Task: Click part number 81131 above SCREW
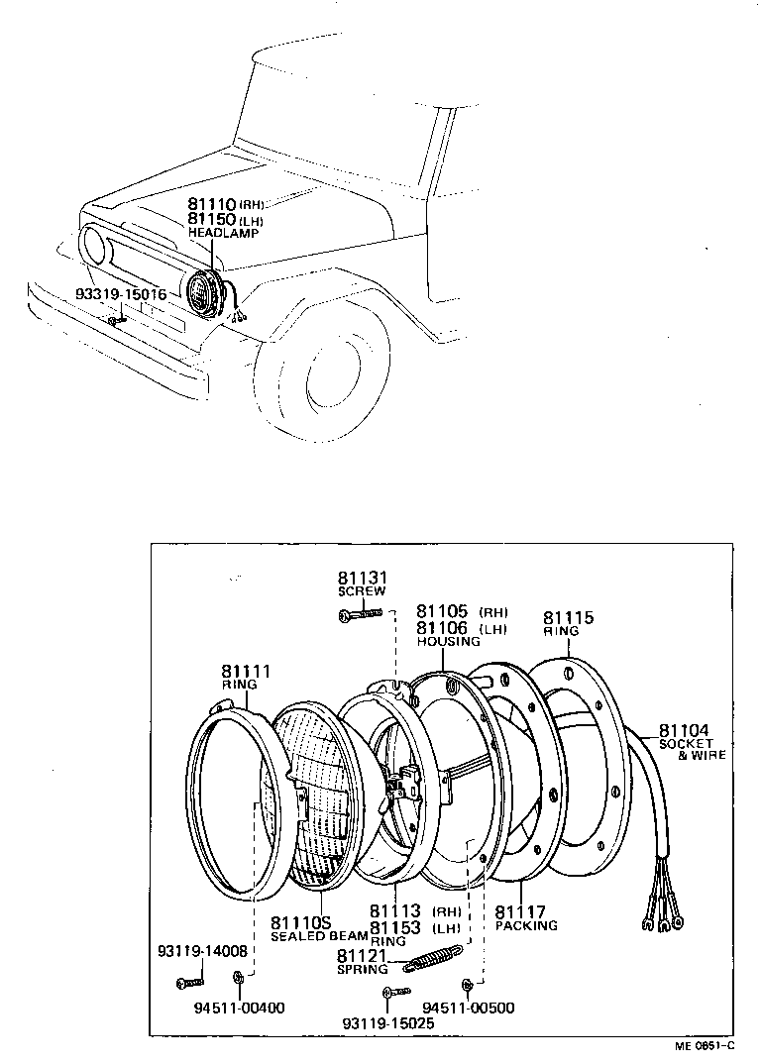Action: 360,578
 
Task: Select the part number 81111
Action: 245,671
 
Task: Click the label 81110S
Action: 302,921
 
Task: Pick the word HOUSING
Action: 448,641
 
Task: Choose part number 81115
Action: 568,617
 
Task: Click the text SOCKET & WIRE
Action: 693,749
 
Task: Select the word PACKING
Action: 526,926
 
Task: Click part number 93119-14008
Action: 202,952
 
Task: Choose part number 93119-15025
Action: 387,1022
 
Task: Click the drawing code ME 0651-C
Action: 705,1044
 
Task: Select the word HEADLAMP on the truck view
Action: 223,234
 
